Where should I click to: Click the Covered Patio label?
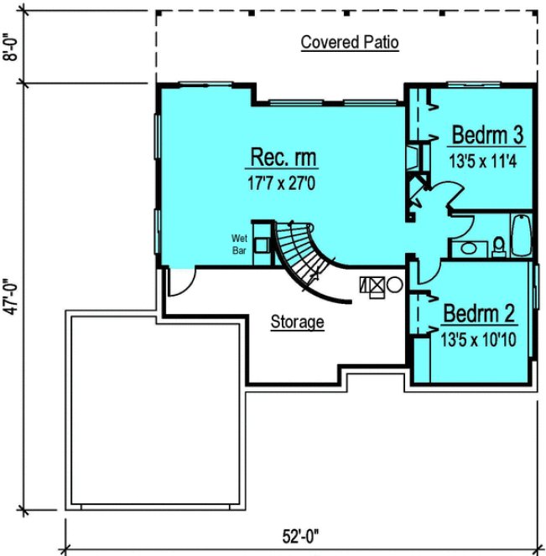tap(350, 43)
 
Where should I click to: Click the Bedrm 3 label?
tap(487, 135)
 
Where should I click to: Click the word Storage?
tap(297, 322)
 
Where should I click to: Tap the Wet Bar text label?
tap(240, 244)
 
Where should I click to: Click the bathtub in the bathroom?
tap(521, 236)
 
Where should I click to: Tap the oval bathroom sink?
tap(464, 249)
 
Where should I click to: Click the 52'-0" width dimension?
tap(301, 534)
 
